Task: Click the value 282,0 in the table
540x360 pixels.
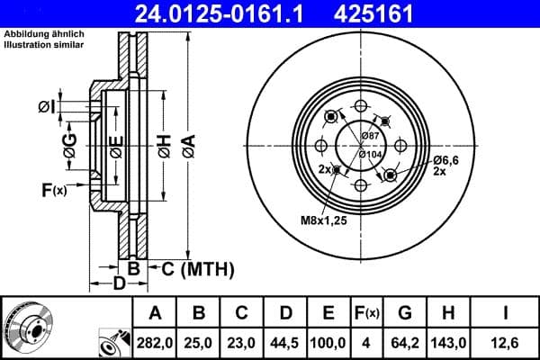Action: pyautogui.click(x=155, y=342)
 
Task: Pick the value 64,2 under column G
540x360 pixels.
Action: pyautogui.click(x=405, y=342)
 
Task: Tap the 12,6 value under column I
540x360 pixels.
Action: pyautogui.click(x=508, y=342)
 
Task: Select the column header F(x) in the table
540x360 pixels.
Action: pyautogui.click(x=368, y=314)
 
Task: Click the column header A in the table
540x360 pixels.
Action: pyautogui.click(x=155, y=314)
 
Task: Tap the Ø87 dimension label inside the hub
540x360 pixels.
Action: pyautogui.click(x=369, y=135)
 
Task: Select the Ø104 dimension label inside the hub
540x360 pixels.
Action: pyautogui.click(x=370, y=154)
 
